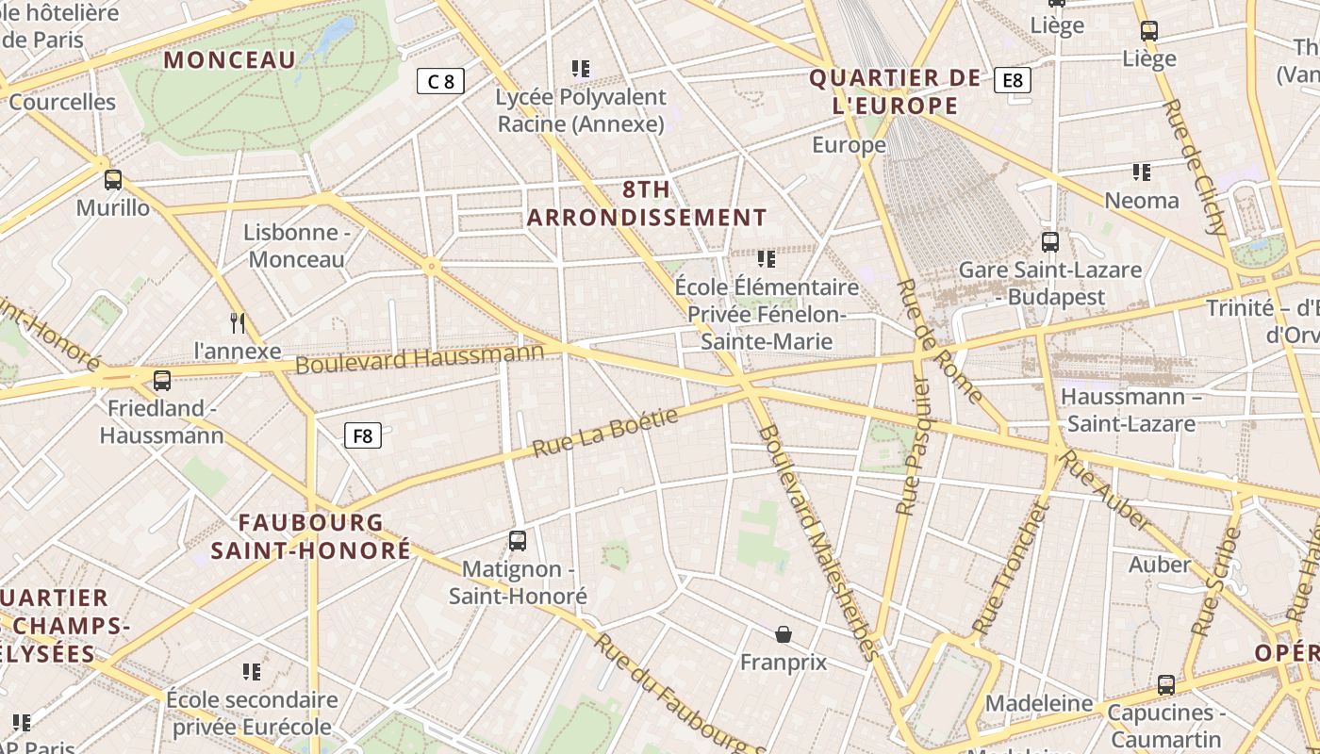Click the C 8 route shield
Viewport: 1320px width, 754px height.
tap(440, 81)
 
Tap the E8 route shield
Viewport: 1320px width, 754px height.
tap(1013, 80)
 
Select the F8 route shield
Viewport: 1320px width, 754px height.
tap(363, 435)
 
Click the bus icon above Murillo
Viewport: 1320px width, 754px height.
tap(113, 179)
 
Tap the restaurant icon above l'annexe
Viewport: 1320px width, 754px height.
tap(238, 323)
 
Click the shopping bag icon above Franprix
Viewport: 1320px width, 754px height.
tap(783, 634)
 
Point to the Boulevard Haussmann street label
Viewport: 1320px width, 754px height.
tap(420, 358)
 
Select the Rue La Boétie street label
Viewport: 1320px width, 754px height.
tap(605, 433)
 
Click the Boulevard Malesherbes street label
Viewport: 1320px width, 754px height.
tap(817, 541)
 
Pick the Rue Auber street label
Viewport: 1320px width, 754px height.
tap(1104, 490)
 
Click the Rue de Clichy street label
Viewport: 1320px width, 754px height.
tap(1195, 167)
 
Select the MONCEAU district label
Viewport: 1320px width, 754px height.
tap(230, 60)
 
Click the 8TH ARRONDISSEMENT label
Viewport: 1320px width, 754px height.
tap(647, 204)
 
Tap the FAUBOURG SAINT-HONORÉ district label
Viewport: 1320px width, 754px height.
tap(311, 536)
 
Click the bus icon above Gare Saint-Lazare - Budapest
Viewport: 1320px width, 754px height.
tap(1050, 242)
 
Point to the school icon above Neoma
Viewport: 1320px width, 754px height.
tap(1142, 172)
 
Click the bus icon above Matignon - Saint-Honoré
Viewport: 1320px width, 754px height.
tap(517, 541)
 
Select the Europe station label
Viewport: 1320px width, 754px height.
tap(849, 145)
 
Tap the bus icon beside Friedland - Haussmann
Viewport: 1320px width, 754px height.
tap(162, 381)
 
